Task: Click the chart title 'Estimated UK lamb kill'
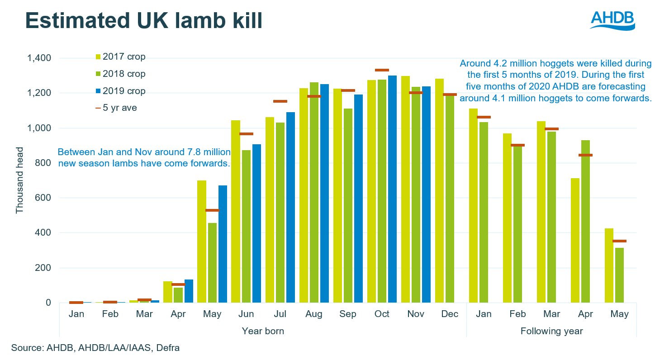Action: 143,21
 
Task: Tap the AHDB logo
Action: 612,20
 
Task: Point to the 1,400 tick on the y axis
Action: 39,58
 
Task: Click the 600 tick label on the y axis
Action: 44,198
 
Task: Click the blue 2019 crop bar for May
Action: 223,244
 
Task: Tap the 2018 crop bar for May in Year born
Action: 212,263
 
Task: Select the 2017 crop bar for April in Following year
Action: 575,240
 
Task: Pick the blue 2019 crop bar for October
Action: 392,189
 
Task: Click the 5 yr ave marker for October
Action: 382,70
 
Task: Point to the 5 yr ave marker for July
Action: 280,101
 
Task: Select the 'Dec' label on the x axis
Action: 450,314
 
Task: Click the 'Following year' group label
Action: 551,331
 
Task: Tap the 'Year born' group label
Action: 263,331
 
